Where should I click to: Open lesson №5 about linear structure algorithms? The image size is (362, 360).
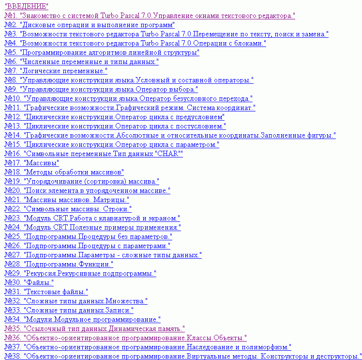click(102, 52)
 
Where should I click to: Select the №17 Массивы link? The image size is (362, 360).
click(31, 163)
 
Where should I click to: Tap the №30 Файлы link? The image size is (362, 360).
click(29, 282)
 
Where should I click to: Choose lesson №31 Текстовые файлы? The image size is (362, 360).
click(46, 292)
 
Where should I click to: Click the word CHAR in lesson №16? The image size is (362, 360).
click(166, 154)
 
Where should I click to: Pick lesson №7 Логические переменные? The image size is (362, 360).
click(56, 71)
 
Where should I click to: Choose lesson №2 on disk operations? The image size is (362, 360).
click(90, 25)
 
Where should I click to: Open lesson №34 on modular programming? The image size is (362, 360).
click(82, 319)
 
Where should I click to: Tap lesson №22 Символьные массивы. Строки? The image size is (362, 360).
click(68, 209)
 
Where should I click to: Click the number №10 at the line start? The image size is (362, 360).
click(12, 98)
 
